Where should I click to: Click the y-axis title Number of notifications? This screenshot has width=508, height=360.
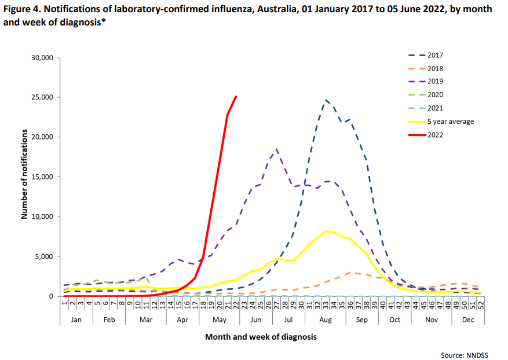(25, 174)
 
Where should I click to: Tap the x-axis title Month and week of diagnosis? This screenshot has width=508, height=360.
(261, 336)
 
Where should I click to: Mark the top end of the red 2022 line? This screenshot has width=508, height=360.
(236, 97)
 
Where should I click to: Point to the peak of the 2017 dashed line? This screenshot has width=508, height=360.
(326, 100)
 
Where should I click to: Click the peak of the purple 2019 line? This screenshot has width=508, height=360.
(277, 149)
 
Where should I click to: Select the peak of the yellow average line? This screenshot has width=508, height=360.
(326, 231)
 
